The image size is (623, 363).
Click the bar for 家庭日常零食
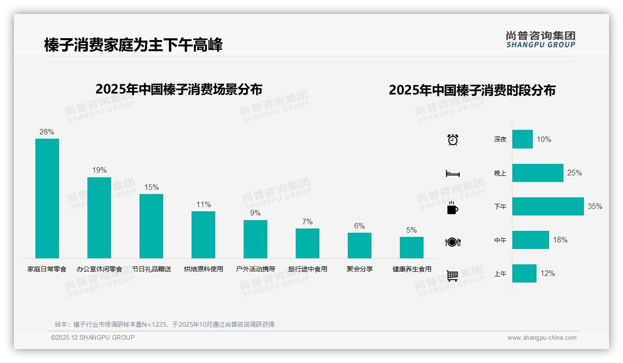[x=47, y=198]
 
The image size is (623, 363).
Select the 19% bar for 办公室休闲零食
[x=99, y=217]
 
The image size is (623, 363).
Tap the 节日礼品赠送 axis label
[x=152, y=269]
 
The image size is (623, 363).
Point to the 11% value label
[x=204, y=204]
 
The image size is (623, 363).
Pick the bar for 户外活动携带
[x=255, y=239]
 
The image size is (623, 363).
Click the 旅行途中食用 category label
[x=308, y=269]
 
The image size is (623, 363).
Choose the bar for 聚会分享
[x=359, y=245]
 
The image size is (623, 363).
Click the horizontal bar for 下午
[x=548, y=206]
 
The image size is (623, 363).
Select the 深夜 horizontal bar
[x=522, y=139]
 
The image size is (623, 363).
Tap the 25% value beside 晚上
[x=574, y=173]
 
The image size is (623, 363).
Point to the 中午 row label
[x=500, y=240]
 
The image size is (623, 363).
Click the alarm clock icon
[x=453, y=140]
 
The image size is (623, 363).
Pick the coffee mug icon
[x=452, y=208]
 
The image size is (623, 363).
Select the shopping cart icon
[x=452, y=276]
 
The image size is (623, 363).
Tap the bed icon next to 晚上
[x=452, y=174]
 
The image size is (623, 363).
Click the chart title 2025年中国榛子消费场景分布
[x=179, y=89]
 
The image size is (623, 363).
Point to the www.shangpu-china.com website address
[x=542, y=338]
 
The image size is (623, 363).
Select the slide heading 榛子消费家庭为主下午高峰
[x=133, y=45]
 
